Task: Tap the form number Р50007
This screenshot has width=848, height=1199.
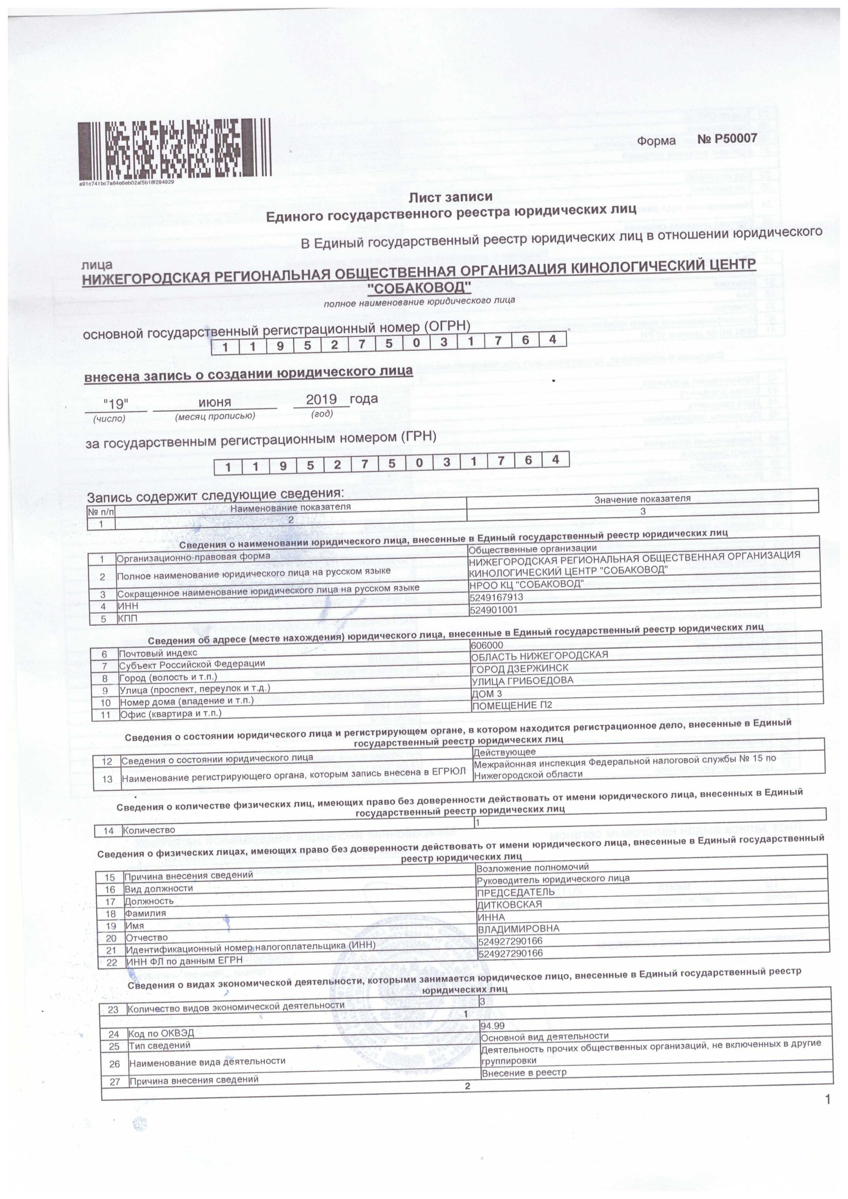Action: coord(727,139)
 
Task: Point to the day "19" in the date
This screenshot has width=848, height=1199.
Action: coord(116,404)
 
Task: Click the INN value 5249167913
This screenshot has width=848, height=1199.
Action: coord(496,597)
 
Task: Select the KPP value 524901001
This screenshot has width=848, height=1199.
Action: coord(494,610)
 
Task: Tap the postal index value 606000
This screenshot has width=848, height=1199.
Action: coord(487,645)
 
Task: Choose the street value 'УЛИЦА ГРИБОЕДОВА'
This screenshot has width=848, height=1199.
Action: coord(522,681)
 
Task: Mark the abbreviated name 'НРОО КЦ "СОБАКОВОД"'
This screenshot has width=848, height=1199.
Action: coord(526,584)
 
